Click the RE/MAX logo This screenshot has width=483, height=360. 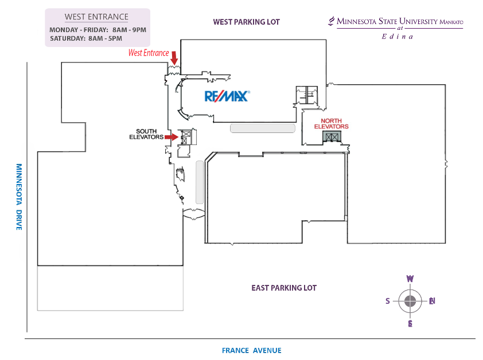(x=227, y=96)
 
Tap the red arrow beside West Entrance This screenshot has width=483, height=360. (x=174, y=57)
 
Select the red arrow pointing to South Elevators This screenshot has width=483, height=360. (x=172, y=137)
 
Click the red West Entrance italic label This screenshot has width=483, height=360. (x=149, y=53)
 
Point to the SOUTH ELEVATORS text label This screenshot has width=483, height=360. (x=146, y=134)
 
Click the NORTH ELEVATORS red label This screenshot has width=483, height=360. (x=331, y=124)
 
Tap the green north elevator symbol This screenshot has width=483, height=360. (x=332, y=136)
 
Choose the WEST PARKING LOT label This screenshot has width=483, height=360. (x=246, y=22)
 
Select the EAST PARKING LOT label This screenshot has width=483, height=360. (x=283, y=288)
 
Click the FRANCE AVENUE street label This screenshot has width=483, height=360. (x=251, y=350)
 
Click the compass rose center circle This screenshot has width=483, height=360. (x=410, y=301)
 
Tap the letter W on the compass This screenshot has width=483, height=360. (x=410, y=279)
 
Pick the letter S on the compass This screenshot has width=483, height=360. (x=388, y=301)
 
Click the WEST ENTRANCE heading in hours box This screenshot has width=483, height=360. (x=96, y=17)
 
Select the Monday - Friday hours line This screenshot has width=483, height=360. (x=98, y=30)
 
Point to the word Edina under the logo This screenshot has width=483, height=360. (x=397, y=36)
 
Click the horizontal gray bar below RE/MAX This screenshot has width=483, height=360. (x=262, y=128)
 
